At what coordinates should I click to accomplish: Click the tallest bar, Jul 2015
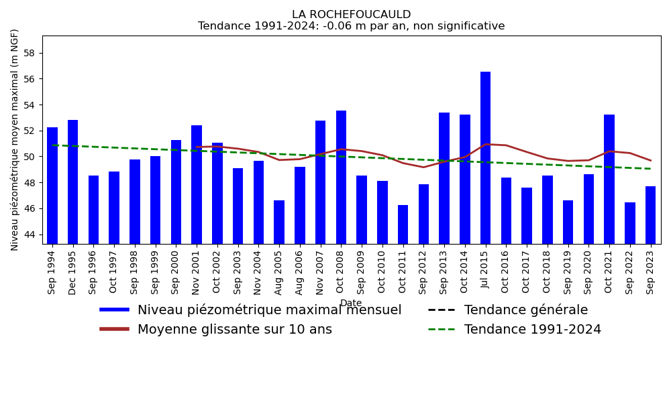point(485,157)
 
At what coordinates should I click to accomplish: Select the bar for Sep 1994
point(52,186)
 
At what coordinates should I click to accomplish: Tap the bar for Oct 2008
point(341,177)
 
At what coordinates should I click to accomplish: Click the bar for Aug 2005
point(279,222)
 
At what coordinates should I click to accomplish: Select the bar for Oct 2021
point(609,179)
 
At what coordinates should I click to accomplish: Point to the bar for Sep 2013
point(444,178)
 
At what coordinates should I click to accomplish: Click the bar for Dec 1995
point(73,182)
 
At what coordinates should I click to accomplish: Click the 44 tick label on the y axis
point(30,234)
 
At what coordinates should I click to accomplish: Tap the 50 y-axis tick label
point(30,157)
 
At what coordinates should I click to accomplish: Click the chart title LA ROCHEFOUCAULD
point(351,15)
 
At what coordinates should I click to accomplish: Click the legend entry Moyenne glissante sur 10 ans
point(234,330)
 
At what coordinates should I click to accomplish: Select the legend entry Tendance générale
point(525,310)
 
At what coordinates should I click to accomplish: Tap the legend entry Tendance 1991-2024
point(532,330)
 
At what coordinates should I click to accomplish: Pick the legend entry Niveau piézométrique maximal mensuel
point(269,310)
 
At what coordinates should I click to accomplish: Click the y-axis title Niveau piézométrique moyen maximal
point(15,139)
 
